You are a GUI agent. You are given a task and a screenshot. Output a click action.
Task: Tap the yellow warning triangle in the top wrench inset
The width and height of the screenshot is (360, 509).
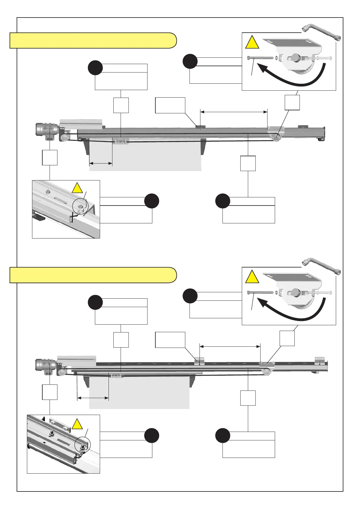tap(252, 43)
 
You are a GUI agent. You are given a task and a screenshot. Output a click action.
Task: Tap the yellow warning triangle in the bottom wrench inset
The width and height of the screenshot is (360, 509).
tap(252, 277)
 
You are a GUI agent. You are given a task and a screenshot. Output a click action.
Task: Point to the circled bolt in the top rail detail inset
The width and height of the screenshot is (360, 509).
tap(80, 207)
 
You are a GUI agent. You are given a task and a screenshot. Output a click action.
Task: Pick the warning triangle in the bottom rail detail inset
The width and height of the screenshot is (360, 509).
tap(77, 424)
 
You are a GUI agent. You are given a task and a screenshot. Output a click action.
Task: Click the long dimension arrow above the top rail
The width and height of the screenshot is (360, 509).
tap(234, 112)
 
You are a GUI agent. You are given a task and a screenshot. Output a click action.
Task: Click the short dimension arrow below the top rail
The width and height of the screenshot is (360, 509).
tap(101, 164)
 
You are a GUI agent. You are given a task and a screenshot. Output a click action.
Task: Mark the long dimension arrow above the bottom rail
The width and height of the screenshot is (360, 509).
tap(230, 346)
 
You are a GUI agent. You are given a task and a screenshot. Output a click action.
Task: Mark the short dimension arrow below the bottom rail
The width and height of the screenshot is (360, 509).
tap(93, 398)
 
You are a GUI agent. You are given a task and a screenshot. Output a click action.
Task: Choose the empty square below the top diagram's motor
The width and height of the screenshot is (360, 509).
tap(50, 157)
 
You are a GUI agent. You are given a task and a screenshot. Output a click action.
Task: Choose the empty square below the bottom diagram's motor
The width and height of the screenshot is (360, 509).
tap(50, 392)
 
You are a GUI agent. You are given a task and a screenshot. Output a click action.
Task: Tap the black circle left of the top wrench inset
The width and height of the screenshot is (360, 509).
tap(190, 61)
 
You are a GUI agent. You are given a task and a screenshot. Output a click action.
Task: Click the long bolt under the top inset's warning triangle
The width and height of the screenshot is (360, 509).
tap(260, 58)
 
